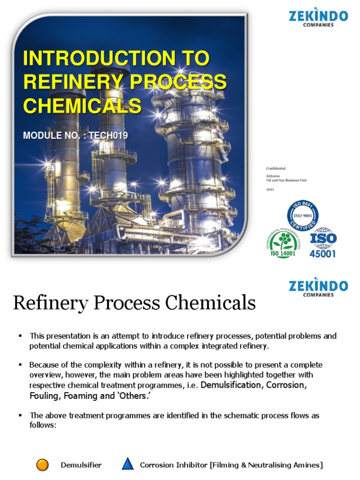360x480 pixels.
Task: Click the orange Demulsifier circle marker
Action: click(43, 465)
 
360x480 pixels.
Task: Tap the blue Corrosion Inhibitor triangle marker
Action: click(127, 465)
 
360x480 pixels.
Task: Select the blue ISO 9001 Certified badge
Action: click(302, 216)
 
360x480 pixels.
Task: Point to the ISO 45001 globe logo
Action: click(322, 243)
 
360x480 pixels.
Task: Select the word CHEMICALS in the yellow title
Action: click(82, 105)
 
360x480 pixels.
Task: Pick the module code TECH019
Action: click(109, 136)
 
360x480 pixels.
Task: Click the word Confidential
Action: click(276, 168)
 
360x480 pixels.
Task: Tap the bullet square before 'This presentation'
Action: click(20, 336)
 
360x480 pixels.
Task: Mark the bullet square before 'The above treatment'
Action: click(20, 415)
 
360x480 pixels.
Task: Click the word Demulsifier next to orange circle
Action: click(81, 465)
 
